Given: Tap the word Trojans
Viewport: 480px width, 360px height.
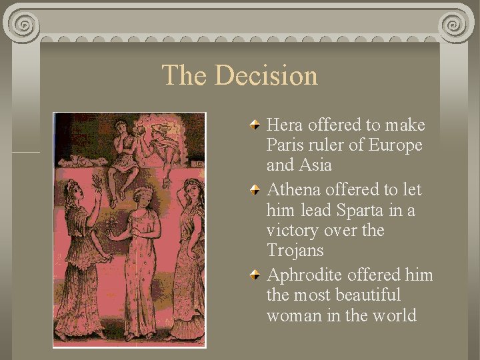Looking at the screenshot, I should click(x=295, y=250).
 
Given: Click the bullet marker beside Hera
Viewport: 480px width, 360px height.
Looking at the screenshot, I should click(x=255, y=124).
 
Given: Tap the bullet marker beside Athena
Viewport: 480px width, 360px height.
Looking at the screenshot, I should click(x=255, y=189).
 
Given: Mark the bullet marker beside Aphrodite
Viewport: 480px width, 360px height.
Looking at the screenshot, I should click(x=255, y=274).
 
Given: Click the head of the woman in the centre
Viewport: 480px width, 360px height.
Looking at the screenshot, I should click(x=141, y=198).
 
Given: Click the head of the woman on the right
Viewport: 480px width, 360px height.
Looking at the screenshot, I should click(x=192, y=189).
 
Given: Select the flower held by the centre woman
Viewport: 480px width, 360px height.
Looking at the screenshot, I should click(x=111, y=223).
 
